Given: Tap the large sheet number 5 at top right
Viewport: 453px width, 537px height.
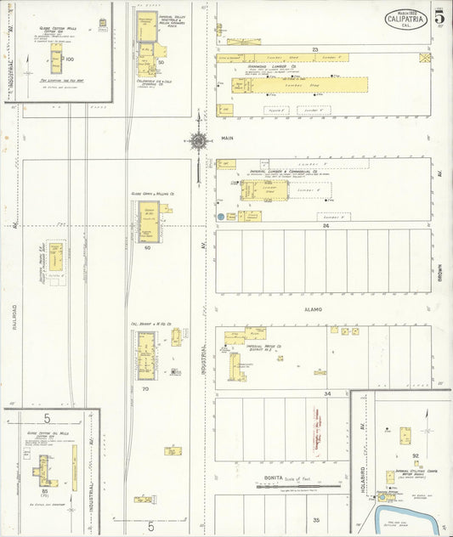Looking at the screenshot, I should pyautogui.click(x=439, y=18).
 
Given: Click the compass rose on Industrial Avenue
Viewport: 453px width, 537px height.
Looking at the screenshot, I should pyautogui.click(x=198, y=140).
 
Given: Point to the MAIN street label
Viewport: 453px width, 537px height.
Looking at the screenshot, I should pyautogui.click(x=227, y=136).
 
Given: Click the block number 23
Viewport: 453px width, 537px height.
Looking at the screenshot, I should pyautogui.click(x=314, y=50).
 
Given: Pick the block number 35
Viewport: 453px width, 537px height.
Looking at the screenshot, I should pyautogui.click(x=315, y=519).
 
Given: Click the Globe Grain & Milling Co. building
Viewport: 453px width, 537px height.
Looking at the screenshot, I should pyautogui.click(x=149, y=221).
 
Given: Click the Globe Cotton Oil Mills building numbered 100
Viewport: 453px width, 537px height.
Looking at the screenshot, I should pyautogui.click(x=56, y=60).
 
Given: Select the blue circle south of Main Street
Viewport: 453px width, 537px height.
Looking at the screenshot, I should pyautogui.click(x=220, y=217).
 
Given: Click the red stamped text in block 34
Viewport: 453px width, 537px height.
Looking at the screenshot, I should pyautogui.click(x=316, y=429).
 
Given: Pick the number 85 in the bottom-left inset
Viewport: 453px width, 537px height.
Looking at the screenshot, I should pyautogui.click(x=43, y=491).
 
